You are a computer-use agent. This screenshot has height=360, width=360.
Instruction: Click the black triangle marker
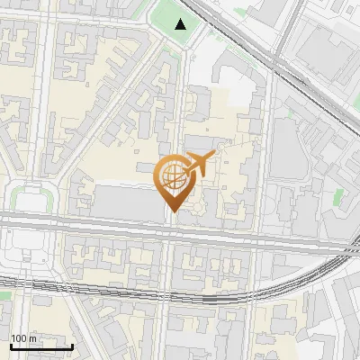tap(181, 24)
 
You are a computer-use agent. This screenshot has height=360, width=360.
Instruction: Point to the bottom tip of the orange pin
tap(172, 212)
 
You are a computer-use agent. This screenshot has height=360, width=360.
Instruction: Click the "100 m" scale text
tap(22, 338)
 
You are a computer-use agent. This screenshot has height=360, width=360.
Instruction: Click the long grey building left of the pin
tap(126, 202)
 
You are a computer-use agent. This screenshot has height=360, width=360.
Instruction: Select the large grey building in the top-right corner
tap(328, 40)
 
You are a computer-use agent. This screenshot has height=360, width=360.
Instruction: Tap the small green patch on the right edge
tap(337, 196)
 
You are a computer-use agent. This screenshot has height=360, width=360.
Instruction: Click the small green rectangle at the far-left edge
tap(4, 294)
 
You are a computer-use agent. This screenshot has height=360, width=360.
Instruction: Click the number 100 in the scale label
tap(18, 338)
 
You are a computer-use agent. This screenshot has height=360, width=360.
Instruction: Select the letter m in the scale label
tap(31, 339)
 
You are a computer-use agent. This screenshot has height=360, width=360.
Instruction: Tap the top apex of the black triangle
tap(181, 19)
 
